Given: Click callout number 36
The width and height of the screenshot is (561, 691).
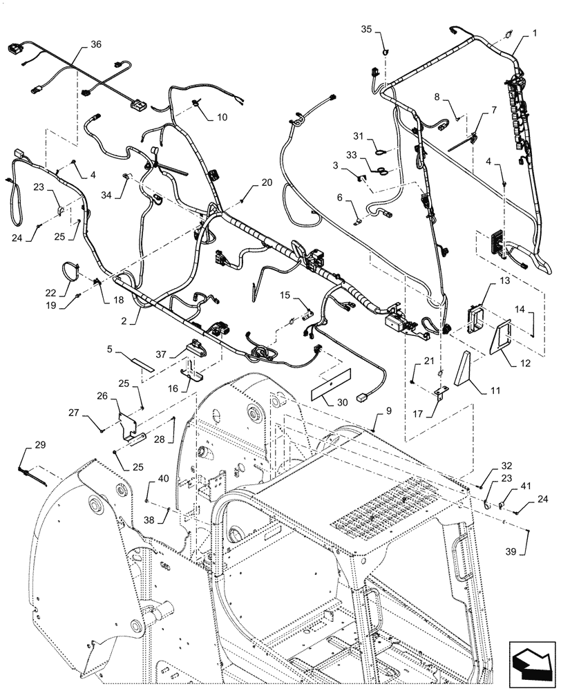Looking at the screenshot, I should (x=95, y=44).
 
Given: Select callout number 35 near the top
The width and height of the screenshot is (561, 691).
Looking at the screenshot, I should (x=367, y=28).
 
